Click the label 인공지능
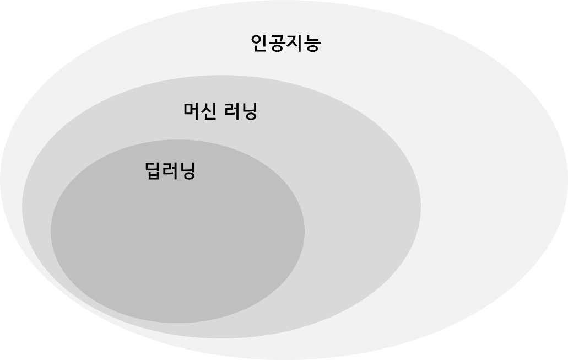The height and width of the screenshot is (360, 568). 285,43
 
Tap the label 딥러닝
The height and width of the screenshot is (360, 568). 171,171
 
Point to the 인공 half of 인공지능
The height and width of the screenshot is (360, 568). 268,43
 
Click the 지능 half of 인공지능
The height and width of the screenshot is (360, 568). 302,43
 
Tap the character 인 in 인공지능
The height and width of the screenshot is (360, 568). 259,43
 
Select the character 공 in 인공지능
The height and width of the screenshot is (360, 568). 277,43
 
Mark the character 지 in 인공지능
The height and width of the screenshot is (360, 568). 294,43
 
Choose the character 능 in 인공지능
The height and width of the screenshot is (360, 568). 311,43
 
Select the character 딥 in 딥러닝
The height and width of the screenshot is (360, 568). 154,171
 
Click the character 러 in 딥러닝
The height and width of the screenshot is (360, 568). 171,171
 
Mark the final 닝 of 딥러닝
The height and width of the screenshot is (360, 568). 188,171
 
